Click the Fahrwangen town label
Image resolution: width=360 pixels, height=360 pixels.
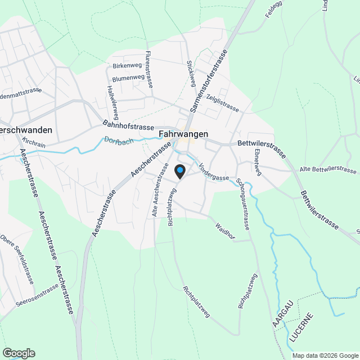(183, 134)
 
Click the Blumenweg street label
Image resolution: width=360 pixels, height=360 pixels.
(128, 79)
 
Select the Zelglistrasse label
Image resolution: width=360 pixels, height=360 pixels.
(222, 103)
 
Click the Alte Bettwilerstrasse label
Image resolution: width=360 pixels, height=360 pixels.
(328, 170)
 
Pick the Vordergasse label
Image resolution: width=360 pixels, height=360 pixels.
(214, 172)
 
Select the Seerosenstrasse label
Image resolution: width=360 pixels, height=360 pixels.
(38, 295)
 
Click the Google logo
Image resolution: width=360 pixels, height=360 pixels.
(18, 353)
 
